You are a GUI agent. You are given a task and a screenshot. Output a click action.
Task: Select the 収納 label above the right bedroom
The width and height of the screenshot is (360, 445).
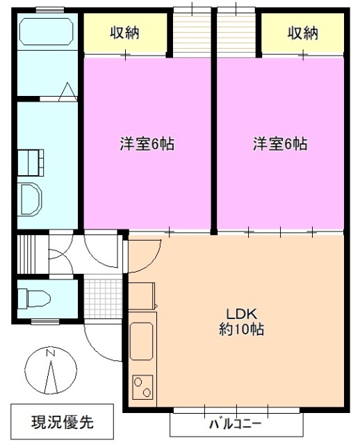click(x=302, y=33)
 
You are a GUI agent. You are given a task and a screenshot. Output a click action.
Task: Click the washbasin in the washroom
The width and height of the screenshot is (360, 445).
click(x=31, y=199)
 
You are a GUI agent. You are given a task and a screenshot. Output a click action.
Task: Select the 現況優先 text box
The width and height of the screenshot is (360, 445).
click(x=63, y=421)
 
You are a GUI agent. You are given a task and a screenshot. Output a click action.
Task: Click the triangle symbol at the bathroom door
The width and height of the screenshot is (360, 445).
click(x=69, y=92)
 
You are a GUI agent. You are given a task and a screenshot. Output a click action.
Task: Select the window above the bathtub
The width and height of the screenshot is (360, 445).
click(x=46, y=8)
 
